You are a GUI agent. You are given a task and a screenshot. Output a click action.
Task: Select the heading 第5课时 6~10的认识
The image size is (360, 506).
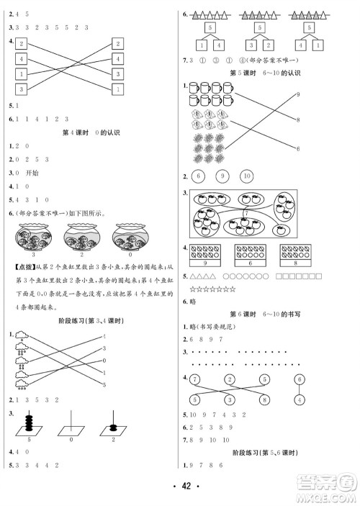[263, 73]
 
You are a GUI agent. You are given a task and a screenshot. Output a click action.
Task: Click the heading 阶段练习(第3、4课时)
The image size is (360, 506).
[88, 321]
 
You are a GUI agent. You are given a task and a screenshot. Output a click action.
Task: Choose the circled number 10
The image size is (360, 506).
[246, 176]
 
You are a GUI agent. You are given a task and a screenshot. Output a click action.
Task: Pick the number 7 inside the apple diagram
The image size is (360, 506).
[246, 214]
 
